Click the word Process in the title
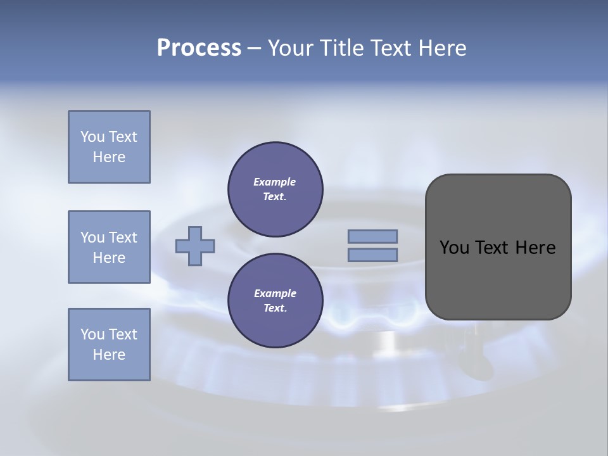click(x=199, y=48)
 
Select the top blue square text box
click(x=109, y=147)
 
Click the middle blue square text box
click(x=109, y=247)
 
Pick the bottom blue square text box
click(x=109, y=345)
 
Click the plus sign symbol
click(x=195, y=246)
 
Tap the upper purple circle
click(x=275, y=189)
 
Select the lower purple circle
click(x=275, y=301)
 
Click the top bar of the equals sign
click(x=372, y=236)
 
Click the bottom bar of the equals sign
click(x=372, y=255)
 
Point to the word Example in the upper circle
click(x=275, y=182)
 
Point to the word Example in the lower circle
click(x=275, y=293)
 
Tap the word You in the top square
click(x=92, y=137)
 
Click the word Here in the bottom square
click(x=109, y=355)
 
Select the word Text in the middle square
click(x=123, y=237)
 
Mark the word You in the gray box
click(x=454, y=248)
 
